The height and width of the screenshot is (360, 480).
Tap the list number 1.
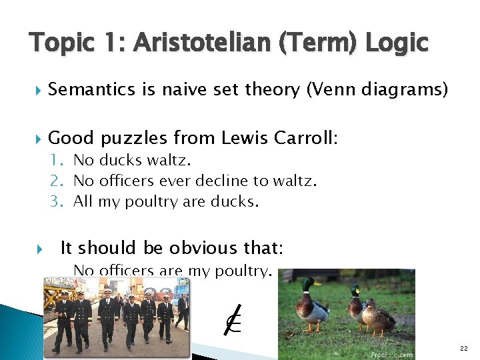[x=58, y=161]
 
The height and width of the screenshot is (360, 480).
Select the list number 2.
[x=58, y=181]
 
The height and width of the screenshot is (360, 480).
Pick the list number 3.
[x=58, y=201]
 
